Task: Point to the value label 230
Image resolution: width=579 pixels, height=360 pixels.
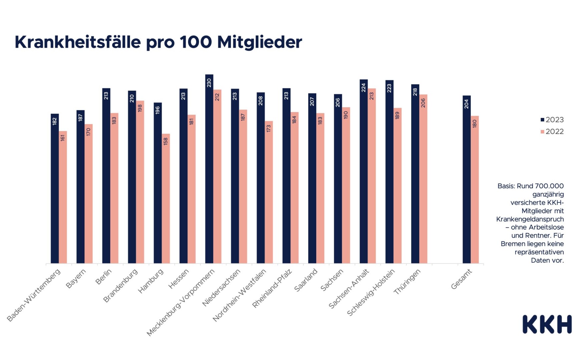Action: [x=209, y=83]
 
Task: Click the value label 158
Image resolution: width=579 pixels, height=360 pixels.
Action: [x=166, y=141]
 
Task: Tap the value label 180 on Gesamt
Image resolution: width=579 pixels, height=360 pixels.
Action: [x=475, y=124]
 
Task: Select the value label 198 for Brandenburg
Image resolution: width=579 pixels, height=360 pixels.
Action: [x=140, y=108]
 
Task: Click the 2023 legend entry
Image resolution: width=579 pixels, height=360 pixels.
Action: [x=552, y=120]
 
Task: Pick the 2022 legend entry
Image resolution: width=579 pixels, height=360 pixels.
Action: [x=552, y=132]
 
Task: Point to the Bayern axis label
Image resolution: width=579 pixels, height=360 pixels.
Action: [x=76, y=278]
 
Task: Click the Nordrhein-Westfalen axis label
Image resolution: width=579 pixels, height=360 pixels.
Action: [x=240, y=295]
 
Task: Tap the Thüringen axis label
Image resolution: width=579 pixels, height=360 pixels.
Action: [x=407, y=282]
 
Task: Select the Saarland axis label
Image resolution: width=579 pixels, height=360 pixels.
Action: [x=306, y=280]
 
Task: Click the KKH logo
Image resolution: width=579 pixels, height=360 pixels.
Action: [x=547, y=324]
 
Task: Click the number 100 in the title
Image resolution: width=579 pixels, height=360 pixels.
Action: [x=195, y=42]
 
